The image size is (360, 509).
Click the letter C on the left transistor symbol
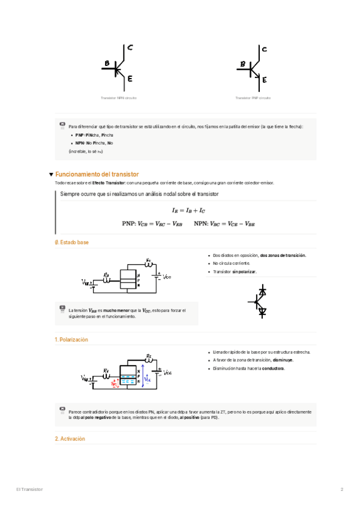click(x=130, y=47)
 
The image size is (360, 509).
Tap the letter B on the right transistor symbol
click(x=243, y=64)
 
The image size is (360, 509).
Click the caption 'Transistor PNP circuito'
click(x=253, y=97)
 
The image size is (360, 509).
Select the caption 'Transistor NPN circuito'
click(x=118, y=97)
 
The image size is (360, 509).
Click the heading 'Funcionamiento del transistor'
click(x=97, y=174)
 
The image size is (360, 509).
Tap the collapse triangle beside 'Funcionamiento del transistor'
click(x=51, y=174)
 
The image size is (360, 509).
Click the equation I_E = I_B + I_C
click(x=188, y=211)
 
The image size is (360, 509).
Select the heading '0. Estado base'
click(x=71, y=242)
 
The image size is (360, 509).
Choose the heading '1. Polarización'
click(x=71, y=340)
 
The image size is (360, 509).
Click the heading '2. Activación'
click(x=70, y=439)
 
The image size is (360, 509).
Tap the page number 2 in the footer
click(x=342, y=490)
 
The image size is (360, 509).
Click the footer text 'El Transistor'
click(x=29, y=490)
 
